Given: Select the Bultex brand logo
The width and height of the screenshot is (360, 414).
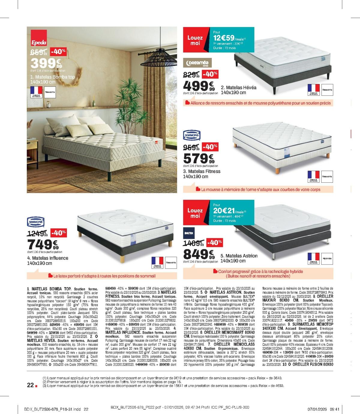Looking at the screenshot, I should click(189, 233).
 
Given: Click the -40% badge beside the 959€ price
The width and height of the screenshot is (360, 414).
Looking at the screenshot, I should click(210, 147).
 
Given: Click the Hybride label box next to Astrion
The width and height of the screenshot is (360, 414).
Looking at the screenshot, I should click(327, 258).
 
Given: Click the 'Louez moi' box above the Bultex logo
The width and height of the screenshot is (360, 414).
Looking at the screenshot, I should click(195, 213).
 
